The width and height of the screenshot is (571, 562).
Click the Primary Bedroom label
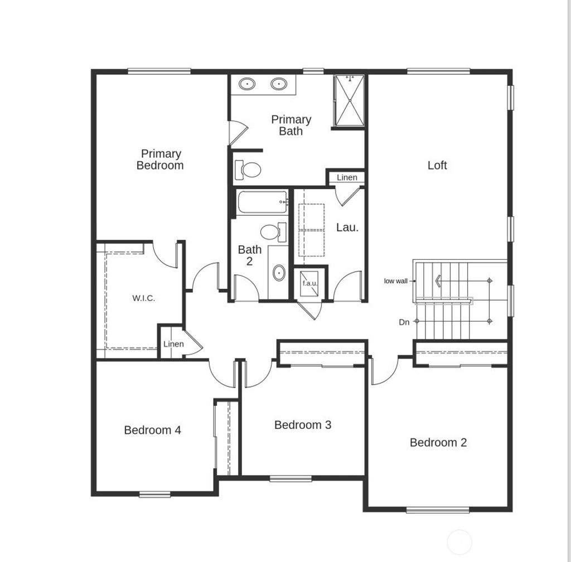point(160,159)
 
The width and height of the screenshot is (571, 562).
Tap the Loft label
point(437,165)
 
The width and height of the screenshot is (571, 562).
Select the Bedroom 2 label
point(438,443)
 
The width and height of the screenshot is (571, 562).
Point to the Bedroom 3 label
point(303,425)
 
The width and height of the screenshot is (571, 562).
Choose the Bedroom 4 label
point(152,430)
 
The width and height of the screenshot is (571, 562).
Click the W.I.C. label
point(143,298)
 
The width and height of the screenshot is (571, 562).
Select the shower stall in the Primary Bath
point(349,101)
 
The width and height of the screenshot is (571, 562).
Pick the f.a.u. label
point(310,283)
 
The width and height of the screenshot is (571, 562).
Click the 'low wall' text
point(395,281)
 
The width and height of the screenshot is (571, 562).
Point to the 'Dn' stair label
point(404,322)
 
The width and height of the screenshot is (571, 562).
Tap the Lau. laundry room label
point(347,227)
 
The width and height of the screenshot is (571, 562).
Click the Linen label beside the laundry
point(347,177)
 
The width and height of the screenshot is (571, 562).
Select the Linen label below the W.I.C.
point(173,344)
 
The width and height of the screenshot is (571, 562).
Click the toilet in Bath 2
point(272,232)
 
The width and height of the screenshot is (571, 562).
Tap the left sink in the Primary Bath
point(247,84)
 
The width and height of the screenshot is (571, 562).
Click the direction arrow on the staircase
point(439,281)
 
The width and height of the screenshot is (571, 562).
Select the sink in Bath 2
point(278,274)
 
